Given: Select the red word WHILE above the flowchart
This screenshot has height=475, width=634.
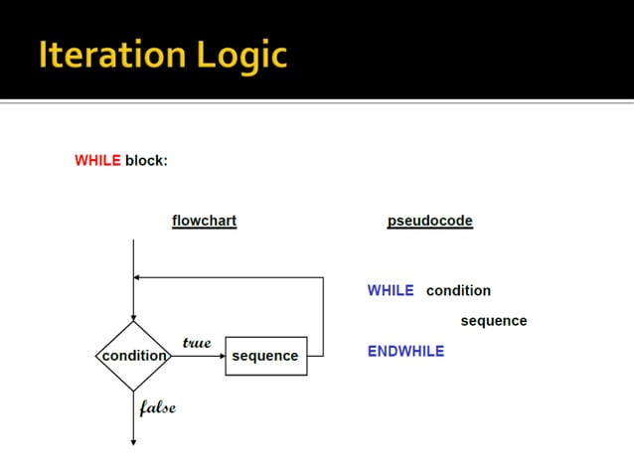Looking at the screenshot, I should tap(97, 160).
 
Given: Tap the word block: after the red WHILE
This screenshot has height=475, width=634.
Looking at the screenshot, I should tap(146, 160).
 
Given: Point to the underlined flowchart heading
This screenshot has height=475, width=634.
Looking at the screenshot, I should tap(204, 221).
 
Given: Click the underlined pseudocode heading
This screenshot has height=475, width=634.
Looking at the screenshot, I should tap(429, 221).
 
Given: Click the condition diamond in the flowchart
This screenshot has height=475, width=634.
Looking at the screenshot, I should tap(133, 356).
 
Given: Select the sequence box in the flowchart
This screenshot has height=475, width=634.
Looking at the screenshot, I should tap(265, 356).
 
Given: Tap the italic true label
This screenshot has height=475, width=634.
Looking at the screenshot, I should tap(197, 342).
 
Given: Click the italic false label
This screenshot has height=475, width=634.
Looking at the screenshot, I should tap(157, 407).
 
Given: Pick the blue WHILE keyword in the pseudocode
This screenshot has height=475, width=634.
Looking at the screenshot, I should tap(390, 290).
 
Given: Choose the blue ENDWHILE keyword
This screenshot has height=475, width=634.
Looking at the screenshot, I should tap(405, 351).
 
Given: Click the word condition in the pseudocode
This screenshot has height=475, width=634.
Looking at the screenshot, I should tap(458, 290).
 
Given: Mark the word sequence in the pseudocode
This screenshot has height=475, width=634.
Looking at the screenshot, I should tap(493, 321).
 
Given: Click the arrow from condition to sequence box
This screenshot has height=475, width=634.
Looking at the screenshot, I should tap(199, 356).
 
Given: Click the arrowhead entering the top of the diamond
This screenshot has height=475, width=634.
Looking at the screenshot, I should tap(133, 315).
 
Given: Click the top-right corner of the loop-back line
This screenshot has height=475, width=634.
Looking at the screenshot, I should tap(324, 277).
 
